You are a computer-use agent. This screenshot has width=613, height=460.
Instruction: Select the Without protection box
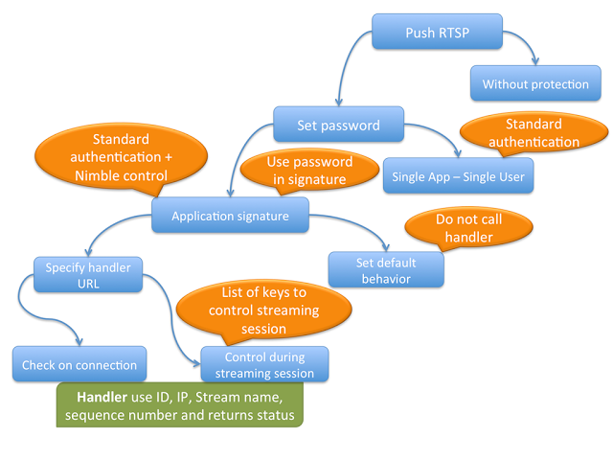point(535,84)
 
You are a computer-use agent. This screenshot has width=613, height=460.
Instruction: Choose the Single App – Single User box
point(457,176)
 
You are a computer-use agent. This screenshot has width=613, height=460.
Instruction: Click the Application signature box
point(230,216)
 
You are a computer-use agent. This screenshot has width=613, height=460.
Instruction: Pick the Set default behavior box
point(386,269)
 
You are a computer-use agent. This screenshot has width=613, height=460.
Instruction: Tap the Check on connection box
point(79,364)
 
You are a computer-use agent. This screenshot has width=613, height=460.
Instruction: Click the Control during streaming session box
point(263,364)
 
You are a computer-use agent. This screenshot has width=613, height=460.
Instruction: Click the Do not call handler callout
point(468,227)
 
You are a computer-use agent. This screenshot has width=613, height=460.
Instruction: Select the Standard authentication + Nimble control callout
point(121,157)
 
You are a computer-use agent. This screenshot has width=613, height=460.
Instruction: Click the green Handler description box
point(180,404)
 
